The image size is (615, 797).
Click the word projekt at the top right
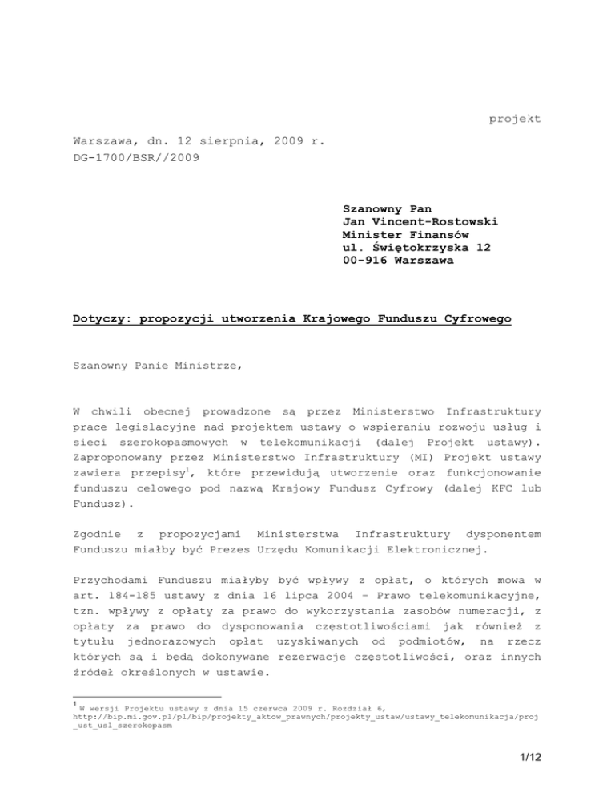[x=515, y=119]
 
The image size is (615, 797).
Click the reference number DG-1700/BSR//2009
[x=133, y=160]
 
